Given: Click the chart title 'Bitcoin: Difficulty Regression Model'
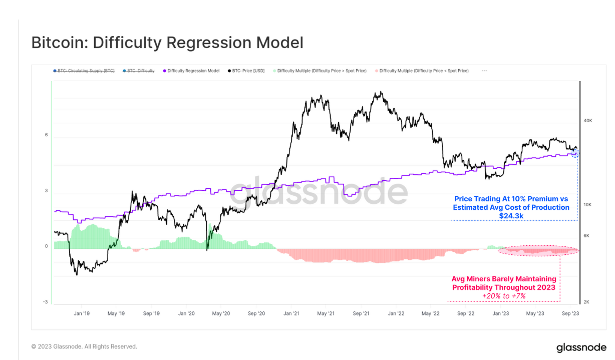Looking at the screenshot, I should click(x=167, y=43).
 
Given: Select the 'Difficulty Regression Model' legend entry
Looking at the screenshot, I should click(x=193, y=71).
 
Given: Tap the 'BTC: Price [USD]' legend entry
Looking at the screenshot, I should click(x=248, y=71).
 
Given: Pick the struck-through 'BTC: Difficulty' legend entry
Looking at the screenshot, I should click(x=141, y=71).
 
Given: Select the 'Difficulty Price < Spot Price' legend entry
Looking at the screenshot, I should click(x=424, y=71).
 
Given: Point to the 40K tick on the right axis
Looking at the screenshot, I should click(x=588, y=121).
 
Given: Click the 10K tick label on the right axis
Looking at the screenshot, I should click(x=588, y=205).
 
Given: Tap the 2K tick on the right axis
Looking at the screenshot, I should click(x=587, y=302).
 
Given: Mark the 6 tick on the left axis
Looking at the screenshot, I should click(x=46, y=135).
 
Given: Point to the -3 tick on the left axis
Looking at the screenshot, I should click(x=45, y=302).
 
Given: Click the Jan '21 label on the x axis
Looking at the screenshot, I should click(x=291, y=313).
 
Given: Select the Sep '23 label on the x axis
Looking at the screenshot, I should click(x=570, y=313).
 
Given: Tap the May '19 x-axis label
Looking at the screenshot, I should click(x=116, y=313).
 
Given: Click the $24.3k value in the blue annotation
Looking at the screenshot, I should click(x=511, y=216).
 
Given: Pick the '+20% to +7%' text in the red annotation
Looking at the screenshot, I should click(x=504, y=296).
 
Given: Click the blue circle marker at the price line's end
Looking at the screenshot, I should click(x=575, y=152).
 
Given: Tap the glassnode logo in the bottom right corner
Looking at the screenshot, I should click(x=581, y=347).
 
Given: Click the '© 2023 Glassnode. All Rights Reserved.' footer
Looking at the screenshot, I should click(x=84, y=346).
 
